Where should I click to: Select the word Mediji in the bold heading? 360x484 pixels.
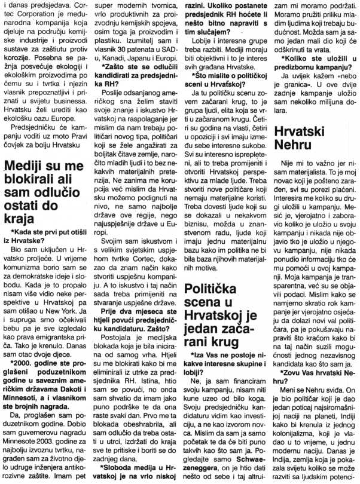click(25, 166)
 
